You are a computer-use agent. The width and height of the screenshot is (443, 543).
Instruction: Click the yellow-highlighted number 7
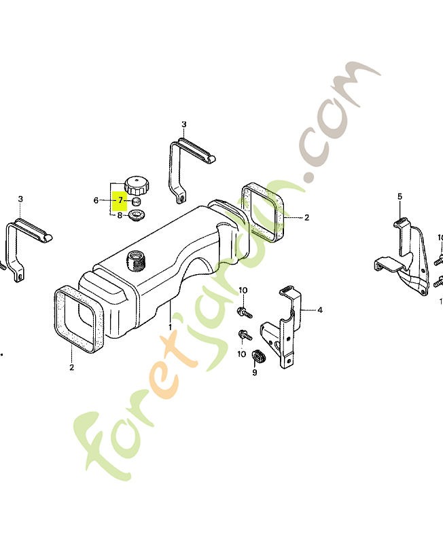pyautogui.click(x=120, y=200)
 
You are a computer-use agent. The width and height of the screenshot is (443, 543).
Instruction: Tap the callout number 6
pyautogui.click(x=96, y=200)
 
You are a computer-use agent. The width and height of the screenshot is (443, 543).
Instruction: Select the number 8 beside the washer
pyautogui.click(x=120, y=215)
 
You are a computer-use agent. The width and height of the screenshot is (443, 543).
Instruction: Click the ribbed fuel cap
pyautogui.click(x=137, y=185)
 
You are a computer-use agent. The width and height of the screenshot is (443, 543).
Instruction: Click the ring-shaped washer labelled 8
pyautogui.click(x=136, y=215)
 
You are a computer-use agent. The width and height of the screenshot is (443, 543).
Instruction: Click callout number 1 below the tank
pyautogui.click(x=170, y=326)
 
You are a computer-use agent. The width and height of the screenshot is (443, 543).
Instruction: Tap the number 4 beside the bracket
pyautogui.click(x=319, y=310)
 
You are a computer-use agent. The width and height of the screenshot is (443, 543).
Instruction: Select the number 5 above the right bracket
pyautogui.click(x=400, y=197)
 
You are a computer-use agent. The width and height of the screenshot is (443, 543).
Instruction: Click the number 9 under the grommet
pyautogui.click(x=255, y=373)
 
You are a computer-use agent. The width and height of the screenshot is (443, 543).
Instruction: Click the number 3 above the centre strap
pyautogui.click(x=183, y=124)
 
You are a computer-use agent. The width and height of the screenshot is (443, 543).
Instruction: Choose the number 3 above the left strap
pyautogui.click(x=20, y=199)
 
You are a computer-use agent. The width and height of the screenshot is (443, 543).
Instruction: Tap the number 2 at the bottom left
pyautogui.click(x=72, y=367)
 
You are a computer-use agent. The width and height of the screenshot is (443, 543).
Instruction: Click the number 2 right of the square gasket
pyautogui.click(x=306, y=217)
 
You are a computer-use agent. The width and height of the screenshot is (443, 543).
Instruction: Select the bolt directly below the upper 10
pyautogui.click(x=245, y=312)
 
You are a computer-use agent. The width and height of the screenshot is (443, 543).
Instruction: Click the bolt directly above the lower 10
pyautogui.click(x=245, y=335)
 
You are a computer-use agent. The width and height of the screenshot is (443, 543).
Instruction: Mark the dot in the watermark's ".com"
pyautogui.click(x=308, y=176)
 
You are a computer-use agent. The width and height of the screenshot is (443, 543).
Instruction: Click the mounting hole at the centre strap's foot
pyautogui.click(x=182, y=198)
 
